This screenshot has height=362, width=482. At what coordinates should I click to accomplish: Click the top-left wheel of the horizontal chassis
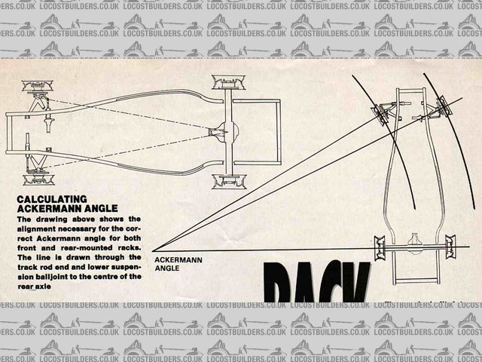[x=35, y=83]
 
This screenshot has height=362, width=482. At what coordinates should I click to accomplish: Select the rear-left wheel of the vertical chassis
[x=379, y=247]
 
